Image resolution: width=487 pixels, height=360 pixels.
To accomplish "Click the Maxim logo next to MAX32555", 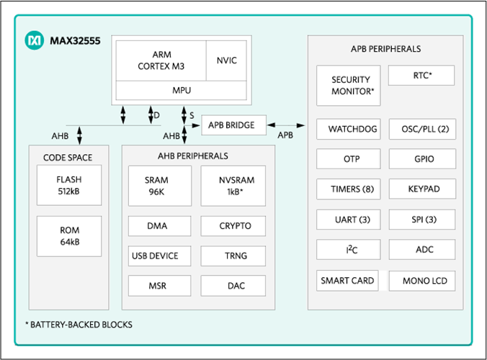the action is point(34,40).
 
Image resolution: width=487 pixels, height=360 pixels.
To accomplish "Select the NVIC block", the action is point(226,60).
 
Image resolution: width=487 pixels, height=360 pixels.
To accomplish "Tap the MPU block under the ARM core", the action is point(182,91).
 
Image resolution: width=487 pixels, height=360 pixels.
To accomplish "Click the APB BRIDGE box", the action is point(234,125).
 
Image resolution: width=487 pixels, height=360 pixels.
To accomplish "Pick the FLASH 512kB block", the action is point(69,185).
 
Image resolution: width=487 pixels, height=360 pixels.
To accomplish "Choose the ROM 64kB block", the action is point(69,236).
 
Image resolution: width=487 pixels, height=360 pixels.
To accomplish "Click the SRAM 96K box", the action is point(160,186).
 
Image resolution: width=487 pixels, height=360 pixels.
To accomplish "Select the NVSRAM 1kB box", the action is point(233,186).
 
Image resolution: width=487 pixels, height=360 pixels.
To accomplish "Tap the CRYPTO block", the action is point(233,226).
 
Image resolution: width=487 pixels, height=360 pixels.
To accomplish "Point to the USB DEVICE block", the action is point(160,256).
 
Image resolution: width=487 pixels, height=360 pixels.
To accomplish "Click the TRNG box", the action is point(233,256).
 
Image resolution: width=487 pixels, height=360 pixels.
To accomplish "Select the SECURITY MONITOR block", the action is point(349,86).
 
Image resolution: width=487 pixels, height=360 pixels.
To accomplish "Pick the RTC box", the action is point(421,76).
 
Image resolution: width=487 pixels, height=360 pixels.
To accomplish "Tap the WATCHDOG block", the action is point(349,129).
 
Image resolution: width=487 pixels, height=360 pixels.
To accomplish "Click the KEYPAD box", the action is point(422,189).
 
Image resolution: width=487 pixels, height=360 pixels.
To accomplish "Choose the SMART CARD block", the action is point(347,281).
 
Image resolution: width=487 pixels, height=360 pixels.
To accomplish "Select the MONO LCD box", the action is point(422,281).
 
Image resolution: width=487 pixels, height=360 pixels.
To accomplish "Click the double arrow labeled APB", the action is point(286,125).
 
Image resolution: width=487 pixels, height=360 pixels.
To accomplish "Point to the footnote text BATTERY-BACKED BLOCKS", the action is point(81,325).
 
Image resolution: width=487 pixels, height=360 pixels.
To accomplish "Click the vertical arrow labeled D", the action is point(151,115).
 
